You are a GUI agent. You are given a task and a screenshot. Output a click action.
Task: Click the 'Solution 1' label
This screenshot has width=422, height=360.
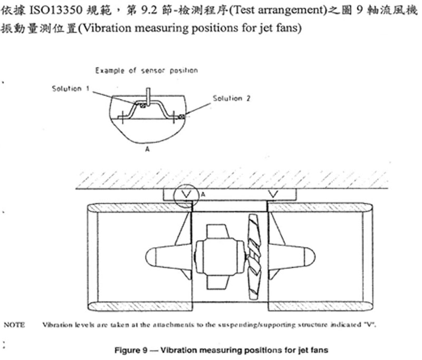coord(71,88)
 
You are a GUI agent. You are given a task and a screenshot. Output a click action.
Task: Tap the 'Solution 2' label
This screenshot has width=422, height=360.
coord(232,98)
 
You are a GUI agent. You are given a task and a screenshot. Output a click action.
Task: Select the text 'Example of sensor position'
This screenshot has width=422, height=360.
coord(147,71)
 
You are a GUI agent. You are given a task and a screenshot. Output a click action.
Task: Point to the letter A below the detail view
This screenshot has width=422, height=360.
coord(147,149)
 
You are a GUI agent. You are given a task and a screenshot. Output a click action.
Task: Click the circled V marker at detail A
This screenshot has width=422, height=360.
coord(186,194)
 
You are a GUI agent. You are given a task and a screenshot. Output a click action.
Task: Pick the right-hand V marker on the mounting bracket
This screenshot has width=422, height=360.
coord(273,194)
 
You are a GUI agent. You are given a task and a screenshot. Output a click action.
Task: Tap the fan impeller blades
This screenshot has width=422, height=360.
coord(254,257)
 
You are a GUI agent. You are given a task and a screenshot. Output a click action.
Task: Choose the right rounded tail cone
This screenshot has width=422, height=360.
coord(292,257)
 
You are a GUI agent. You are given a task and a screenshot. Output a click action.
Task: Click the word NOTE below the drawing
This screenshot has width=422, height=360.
coord(14,325)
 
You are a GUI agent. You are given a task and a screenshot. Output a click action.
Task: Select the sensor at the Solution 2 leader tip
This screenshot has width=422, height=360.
coord(182,117)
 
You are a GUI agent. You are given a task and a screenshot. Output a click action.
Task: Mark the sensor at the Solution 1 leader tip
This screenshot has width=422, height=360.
coord(143,106)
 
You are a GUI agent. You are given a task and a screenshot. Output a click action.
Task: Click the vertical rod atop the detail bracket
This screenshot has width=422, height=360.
coord(148,96)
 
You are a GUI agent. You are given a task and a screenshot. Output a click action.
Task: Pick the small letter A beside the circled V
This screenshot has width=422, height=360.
coord(203,194)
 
